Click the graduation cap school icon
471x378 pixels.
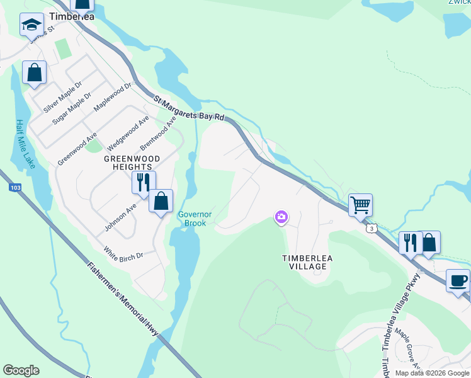[x=31, y=25]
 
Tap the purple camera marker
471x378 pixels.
[x=281, y=217]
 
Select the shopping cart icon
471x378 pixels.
[x=360, y=205]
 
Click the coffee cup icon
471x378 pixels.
[x=458, y=280]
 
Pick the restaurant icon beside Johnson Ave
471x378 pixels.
[x=143, y=183]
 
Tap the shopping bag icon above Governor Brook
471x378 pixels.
[x=161, y=201]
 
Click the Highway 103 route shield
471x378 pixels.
[x=14, y=188]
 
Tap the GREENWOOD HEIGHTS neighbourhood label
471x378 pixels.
[x=132, y=163]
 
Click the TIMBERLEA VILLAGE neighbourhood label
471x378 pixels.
[x=304, y=262]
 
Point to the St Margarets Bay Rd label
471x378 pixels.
[x=189, y=108]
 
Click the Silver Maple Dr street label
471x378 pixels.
[x=63, y=96]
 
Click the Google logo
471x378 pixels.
[x=21, y=370]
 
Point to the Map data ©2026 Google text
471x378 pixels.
[x=432, y=373]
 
